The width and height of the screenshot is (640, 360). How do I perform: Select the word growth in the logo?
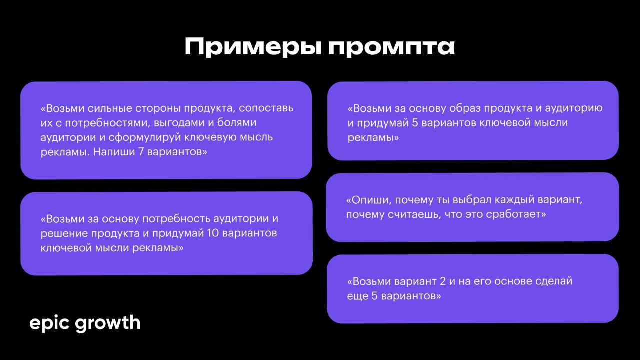[x=107, y=323]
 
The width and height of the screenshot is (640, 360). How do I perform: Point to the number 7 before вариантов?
[x=141, y=151]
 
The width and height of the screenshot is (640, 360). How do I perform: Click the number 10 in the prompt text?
[x=213, y=233]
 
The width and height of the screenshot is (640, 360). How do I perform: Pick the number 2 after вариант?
[x=443, y=281]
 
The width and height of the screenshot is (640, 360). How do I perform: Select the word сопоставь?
[x=266, y=108]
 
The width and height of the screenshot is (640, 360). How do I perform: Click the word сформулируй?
[x=145, y=137]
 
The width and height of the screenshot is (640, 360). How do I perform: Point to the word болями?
[x=237, y=122]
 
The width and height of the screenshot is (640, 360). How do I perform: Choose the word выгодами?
[x=179, y=123]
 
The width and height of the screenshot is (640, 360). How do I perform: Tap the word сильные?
[x=110, y=108]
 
